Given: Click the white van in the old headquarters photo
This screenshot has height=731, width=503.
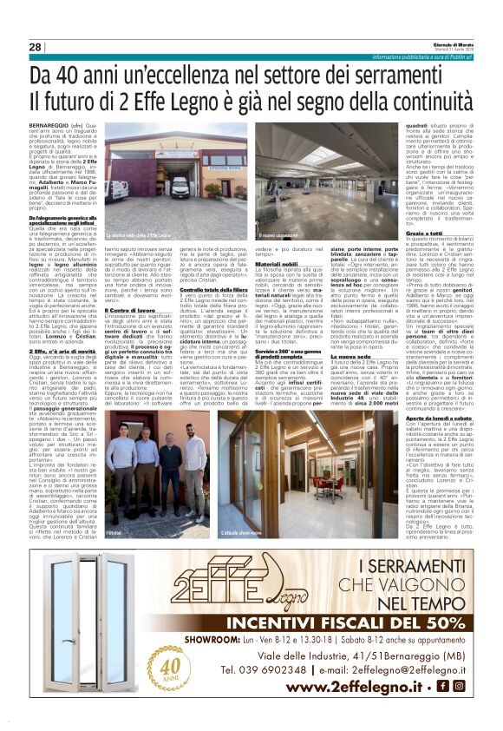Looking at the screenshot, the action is pyautogui.click(x=119, y=189).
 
